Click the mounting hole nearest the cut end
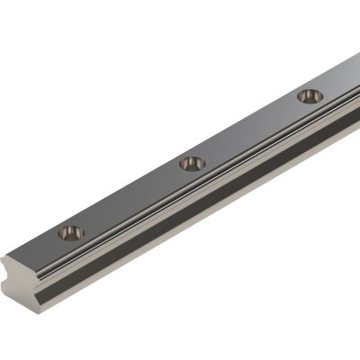(x=71, y=233)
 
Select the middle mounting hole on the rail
(x=192, y=163)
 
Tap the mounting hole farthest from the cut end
(x=310, y=94)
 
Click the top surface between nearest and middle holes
(x=130, y=198)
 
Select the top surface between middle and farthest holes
(x=252, y=129)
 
